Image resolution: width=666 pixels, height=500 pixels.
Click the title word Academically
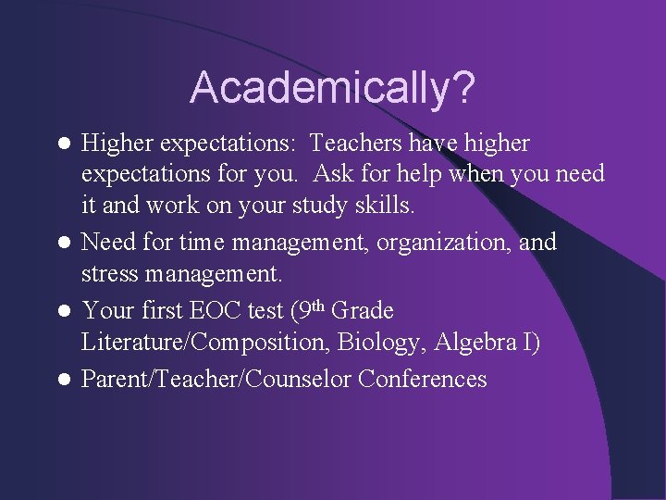(319, 88)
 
